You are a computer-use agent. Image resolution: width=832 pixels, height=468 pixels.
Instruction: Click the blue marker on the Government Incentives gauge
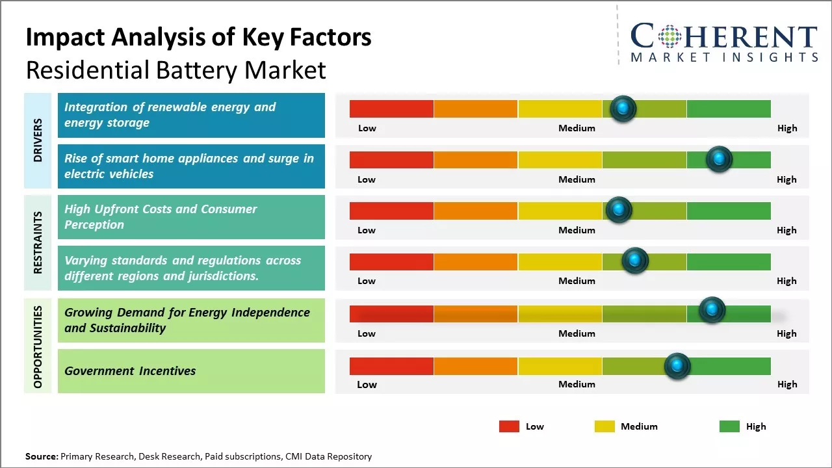pyautogui.click(x=677, y=366)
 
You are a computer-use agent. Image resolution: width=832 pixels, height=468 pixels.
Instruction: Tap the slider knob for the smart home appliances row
pyautogui.click(x=719, y=159)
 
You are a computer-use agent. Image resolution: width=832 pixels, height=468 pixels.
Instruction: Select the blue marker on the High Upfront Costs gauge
pyautogui.click(x=619, y=210)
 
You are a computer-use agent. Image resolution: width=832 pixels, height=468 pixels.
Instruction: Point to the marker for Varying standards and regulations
pyautogui.click(x=635, y=261)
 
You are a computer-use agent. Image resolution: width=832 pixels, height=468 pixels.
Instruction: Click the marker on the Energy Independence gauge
pyautogui.click(x=712, y=309)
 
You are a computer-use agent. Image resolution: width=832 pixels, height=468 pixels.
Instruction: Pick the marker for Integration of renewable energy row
pyautogui.click(x=623, y=109)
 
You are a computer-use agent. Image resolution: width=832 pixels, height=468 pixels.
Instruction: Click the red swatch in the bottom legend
pyautogui.click(x=509, y=426)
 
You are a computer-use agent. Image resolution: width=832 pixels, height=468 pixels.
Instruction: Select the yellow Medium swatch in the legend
pyautogui.click(x=604, y=426)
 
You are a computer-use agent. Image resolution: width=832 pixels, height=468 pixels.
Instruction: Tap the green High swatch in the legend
pyautogui.click(x=729, y=426)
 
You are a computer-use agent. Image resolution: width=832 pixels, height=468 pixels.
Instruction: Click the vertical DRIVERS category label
pyautogui.click(x=38, y=140)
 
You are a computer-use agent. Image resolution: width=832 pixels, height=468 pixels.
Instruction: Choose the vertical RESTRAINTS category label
pyautogui.click(x=38, y=242)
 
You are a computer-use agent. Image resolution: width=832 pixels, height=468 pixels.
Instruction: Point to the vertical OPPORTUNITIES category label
pyautogui.click(x=38, y=346)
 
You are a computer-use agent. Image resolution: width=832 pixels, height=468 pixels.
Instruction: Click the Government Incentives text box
pyautogui.click(x=191, y=371)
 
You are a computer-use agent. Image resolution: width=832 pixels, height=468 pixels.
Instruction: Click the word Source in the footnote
pyautogui.click(x=42, y=456)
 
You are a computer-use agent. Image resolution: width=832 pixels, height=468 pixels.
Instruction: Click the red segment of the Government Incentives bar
pyautogui.click(x=391, y=366)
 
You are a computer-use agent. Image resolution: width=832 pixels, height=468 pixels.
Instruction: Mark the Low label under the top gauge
pyautogui.click(x=367, y=128)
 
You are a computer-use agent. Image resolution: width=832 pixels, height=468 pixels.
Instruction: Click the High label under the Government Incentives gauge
pyautogui.click(x=786, y=384)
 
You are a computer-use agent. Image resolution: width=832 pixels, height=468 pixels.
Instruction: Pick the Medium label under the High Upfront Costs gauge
pyautogui.click(x=577, y=230)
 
